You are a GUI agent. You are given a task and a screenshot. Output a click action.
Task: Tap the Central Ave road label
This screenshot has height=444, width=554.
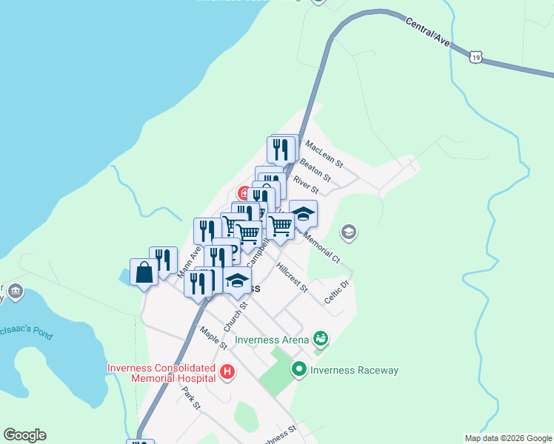(428, 33)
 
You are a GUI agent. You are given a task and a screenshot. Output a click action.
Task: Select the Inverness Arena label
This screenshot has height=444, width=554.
(271, 340)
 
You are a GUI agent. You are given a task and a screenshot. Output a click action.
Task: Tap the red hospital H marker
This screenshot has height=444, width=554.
(228, 371)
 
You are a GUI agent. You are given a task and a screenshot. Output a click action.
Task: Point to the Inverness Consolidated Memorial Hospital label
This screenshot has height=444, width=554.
(161, 371)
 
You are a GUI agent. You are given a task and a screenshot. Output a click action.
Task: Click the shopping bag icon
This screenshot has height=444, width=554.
(144, 273)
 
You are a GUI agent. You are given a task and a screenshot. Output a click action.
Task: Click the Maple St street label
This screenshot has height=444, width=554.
(213, 339)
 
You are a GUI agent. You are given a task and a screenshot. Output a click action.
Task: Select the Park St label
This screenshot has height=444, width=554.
(192, 397)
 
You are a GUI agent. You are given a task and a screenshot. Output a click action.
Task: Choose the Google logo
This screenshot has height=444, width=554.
(24, 435)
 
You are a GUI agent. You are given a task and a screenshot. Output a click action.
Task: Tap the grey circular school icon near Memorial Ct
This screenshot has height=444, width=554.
(348, 233)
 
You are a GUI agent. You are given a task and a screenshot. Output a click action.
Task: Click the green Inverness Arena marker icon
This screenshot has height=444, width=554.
(321, 339)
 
